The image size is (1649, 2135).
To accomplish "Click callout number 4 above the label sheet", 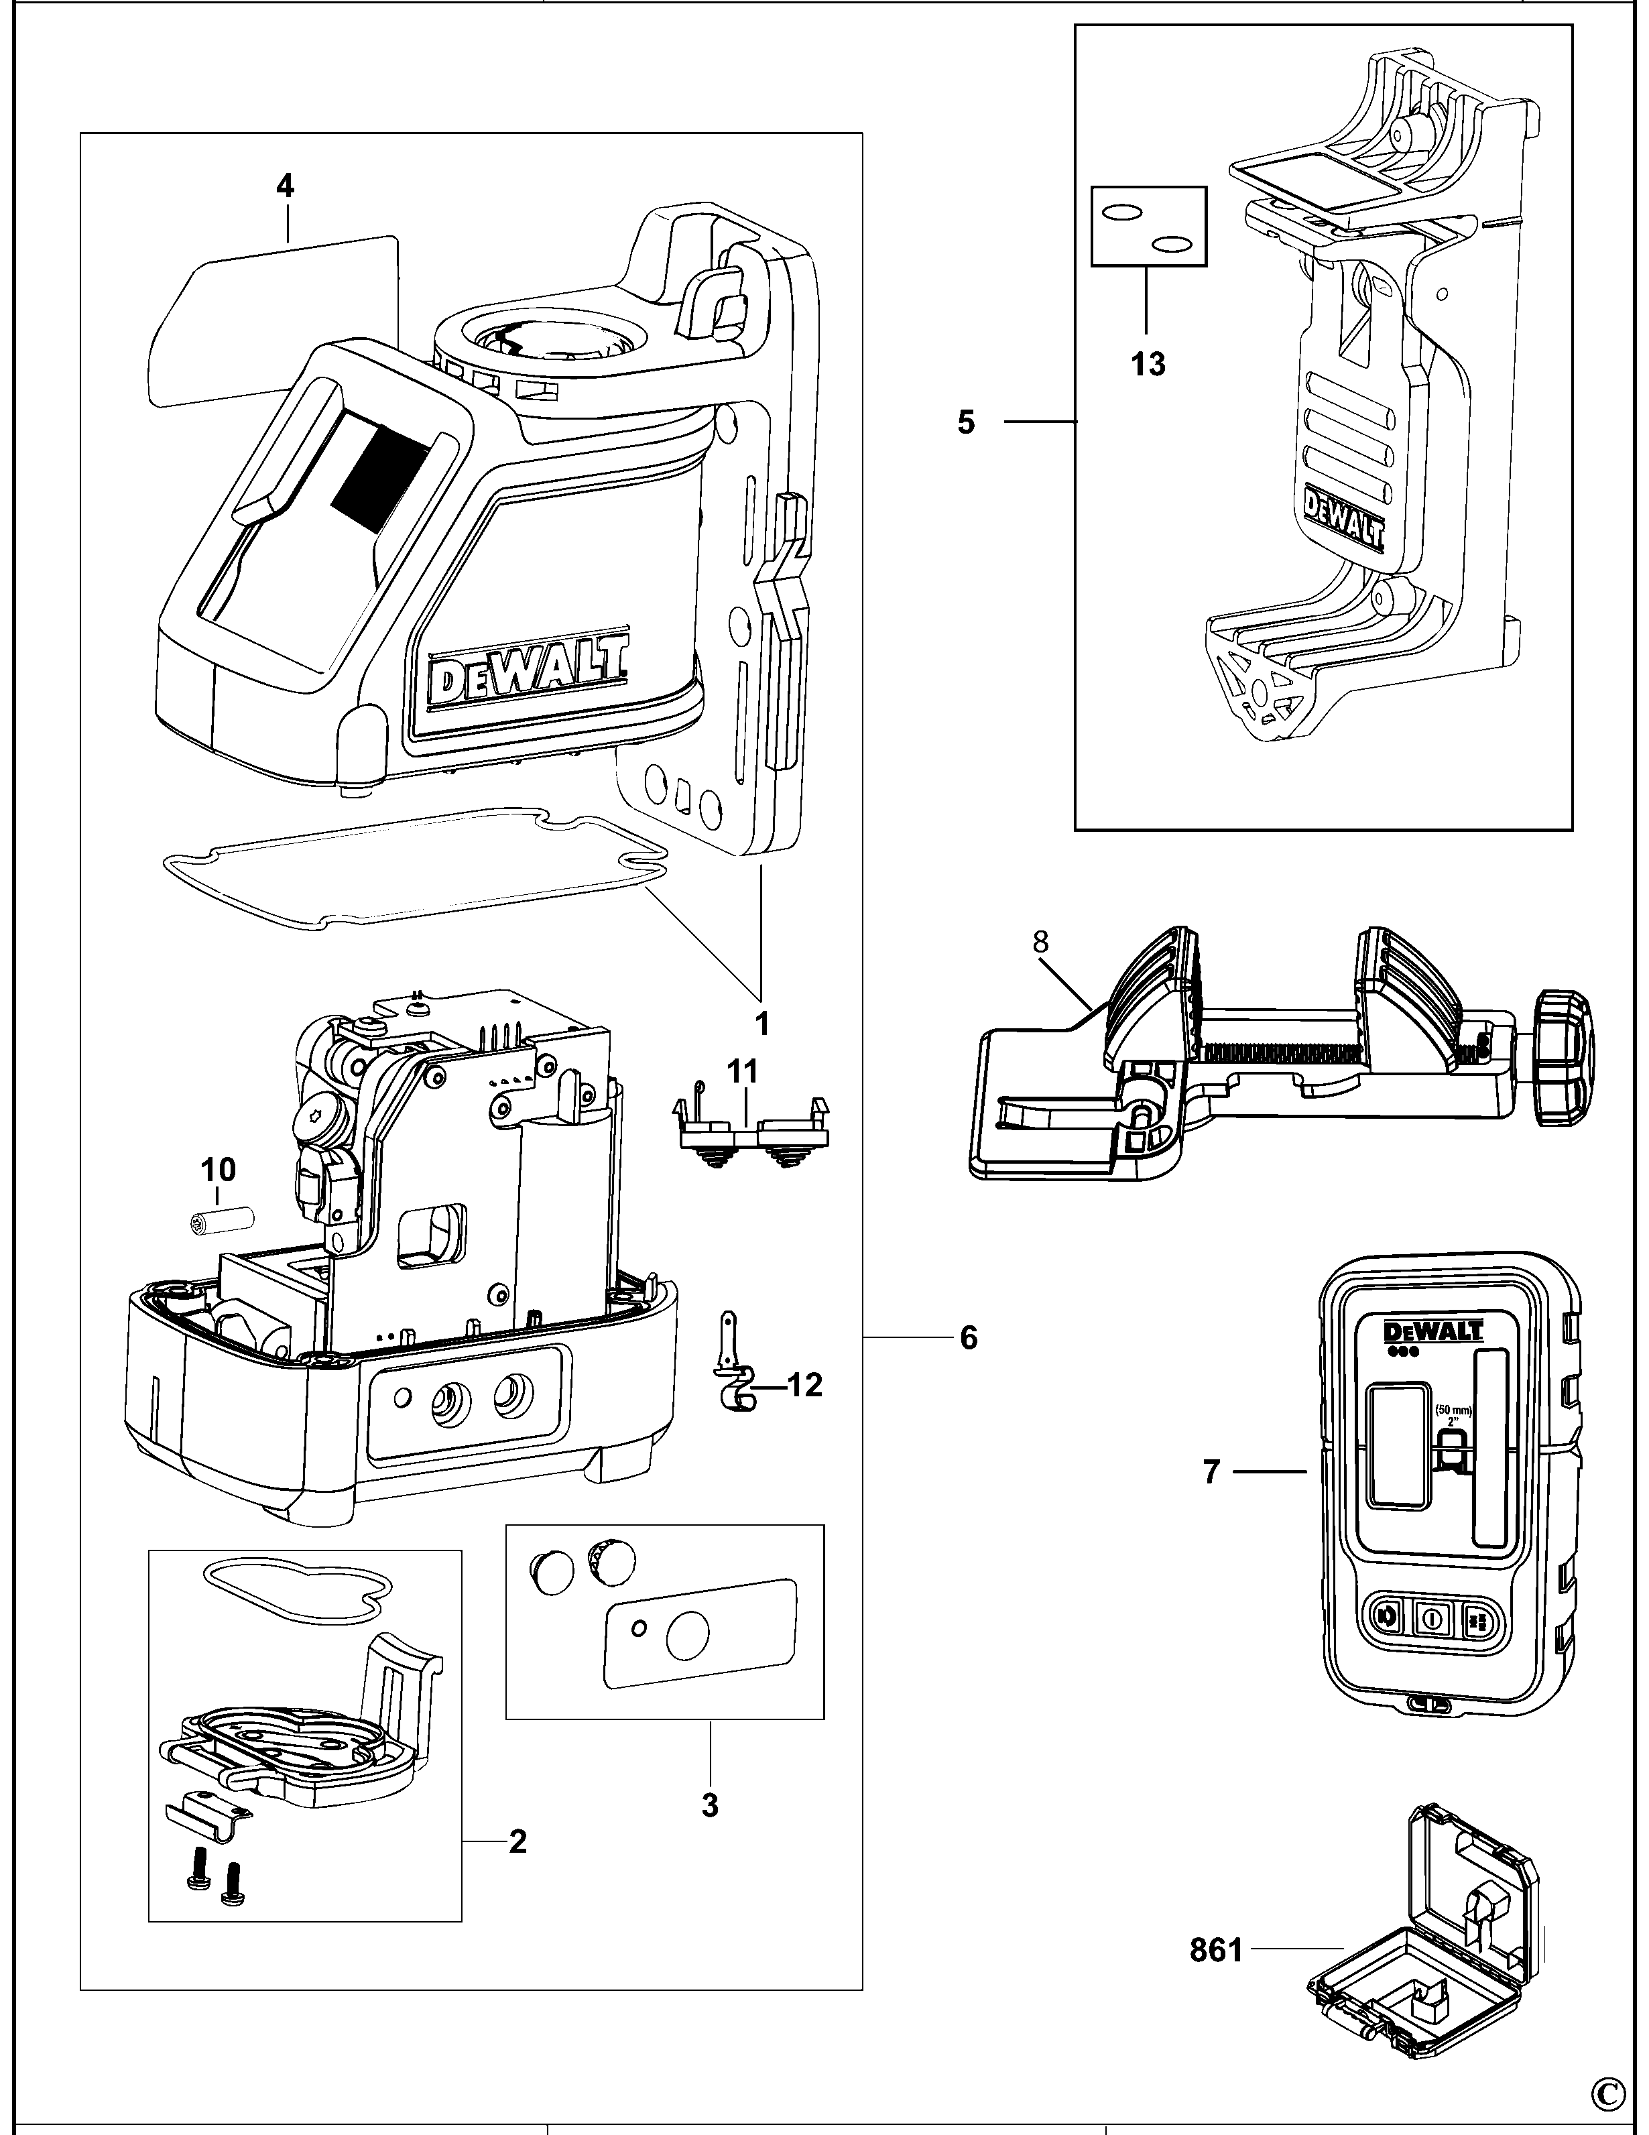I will point(284,186).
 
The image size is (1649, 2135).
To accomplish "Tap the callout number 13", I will point(1148,365).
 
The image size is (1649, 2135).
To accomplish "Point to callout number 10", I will point(218,1169).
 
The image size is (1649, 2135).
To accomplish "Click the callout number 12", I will point(804,1384).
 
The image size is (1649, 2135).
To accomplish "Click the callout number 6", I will point(968,1337).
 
